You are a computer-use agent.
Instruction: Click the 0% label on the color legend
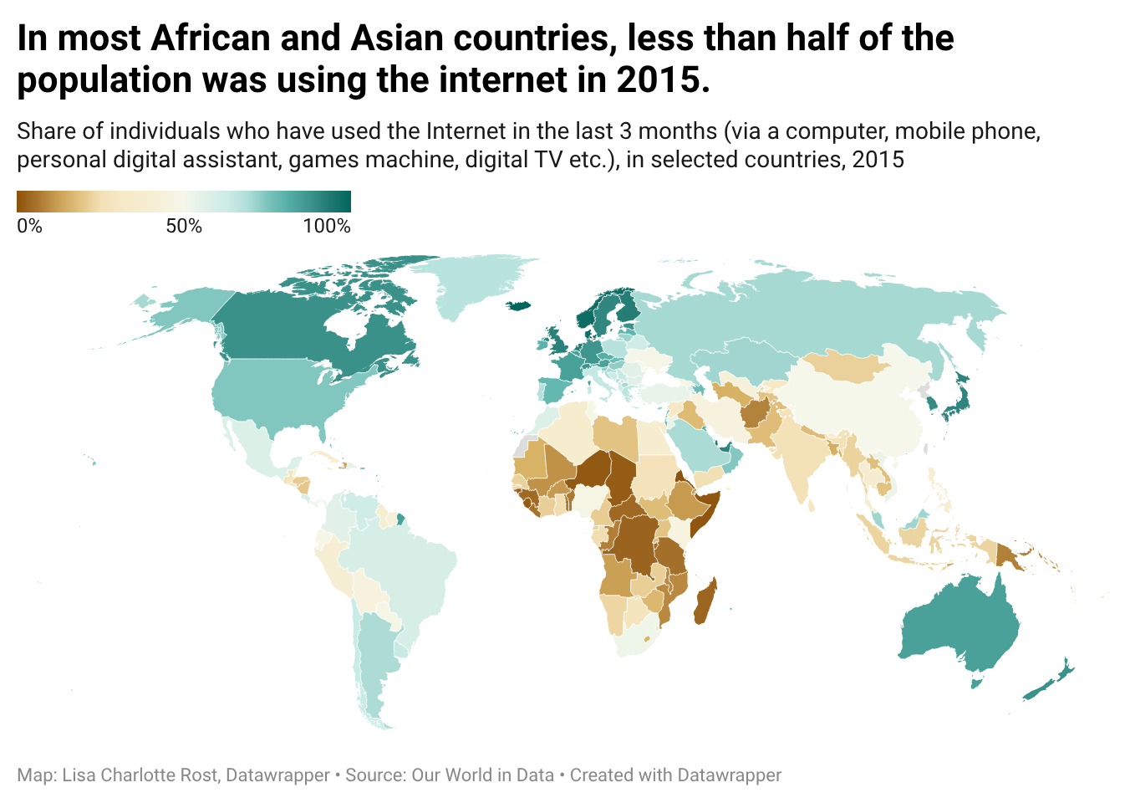point(29,226)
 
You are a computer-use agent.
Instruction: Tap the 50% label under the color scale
point(184,226)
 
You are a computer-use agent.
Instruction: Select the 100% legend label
point(327,226)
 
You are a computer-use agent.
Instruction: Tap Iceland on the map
point(519,306)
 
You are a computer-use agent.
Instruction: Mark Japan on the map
point(959,399)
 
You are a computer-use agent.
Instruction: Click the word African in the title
point(211,38)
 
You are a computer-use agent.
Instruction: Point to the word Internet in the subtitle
point(466,131)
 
